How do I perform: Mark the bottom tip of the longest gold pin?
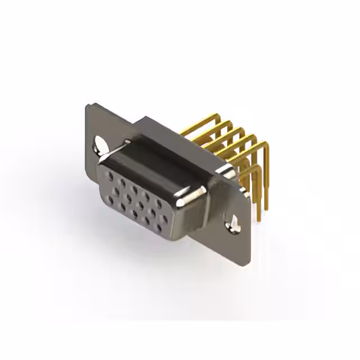[x=259, y=220]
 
